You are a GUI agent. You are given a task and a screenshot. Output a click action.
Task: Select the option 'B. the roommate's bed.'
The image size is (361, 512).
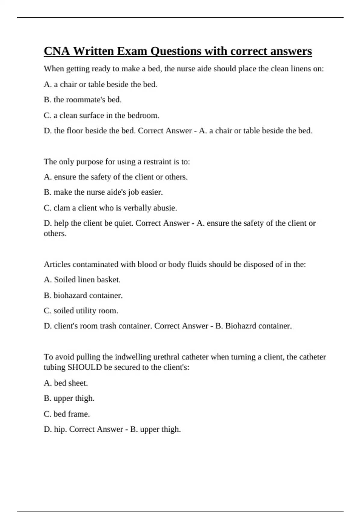tap(83, 100)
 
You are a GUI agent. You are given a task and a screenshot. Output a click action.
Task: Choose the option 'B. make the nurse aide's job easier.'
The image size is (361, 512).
tap(103, 192)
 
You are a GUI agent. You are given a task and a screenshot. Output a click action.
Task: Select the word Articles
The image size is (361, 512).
tap(57, 264)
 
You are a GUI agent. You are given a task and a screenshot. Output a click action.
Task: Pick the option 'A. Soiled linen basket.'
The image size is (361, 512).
tap(82, 280)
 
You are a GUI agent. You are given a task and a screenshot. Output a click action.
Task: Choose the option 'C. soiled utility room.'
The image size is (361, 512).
tap(81, 311)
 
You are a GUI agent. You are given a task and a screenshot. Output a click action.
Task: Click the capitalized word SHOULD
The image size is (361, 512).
tap(85, 367)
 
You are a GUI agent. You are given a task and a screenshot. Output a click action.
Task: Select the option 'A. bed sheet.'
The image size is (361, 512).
tap(66, 383)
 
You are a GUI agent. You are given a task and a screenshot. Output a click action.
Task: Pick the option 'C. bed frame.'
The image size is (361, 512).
tap(67, 414)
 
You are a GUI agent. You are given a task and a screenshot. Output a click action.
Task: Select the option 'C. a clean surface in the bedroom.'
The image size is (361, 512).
tap(102, 115)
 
